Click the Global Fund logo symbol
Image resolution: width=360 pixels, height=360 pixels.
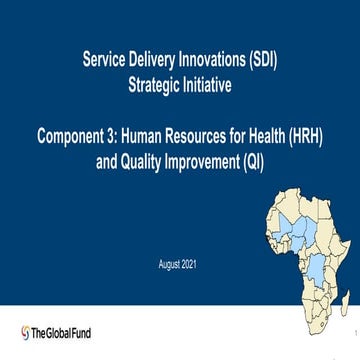[25, 332]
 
